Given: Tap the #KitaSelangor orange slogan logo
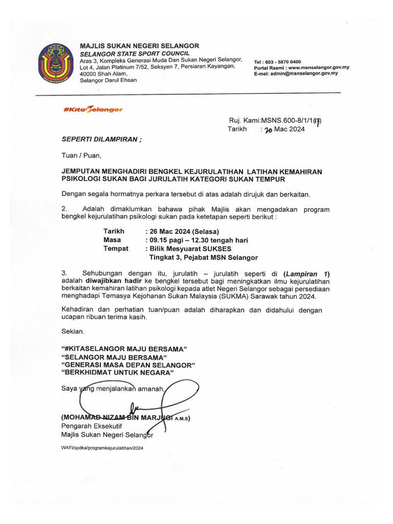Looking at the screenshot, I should [x=93, y=110].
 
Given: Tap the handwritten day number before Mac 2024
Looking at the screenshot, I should [x=268, y=130].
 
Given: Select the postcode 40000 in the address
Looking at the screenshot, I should [x=90, y=74].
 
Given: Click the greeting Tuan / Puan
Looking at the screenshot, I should [x=82, y=155].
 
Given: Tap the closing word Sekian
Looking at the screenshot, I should [x=72, y=332].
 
